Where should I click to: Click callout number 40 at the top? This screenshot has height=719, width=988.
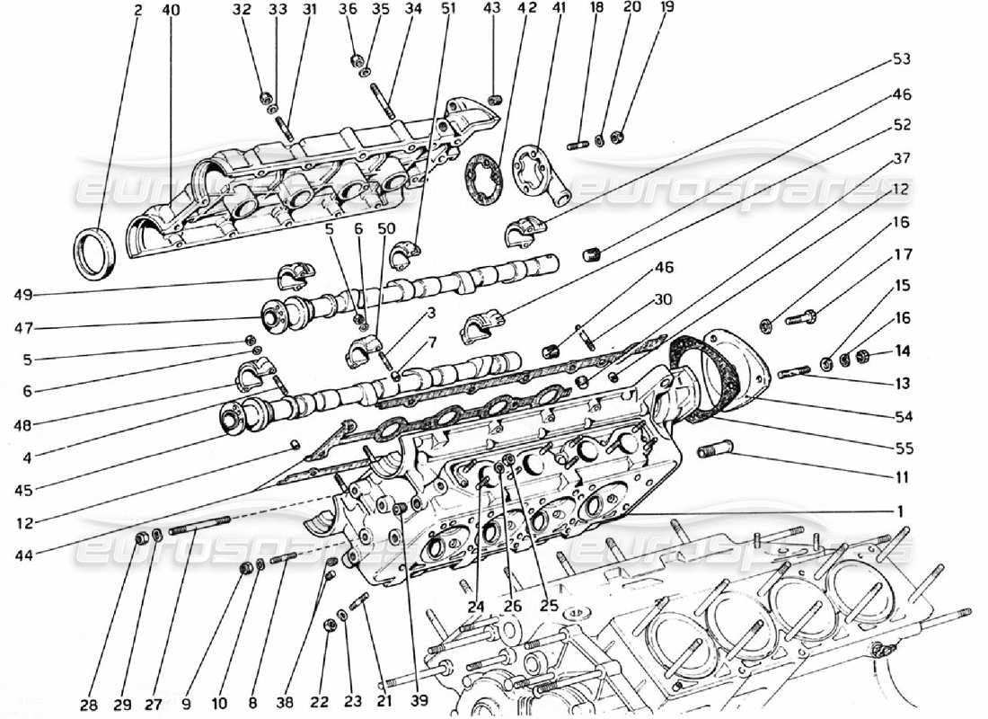click(x=171, y=11)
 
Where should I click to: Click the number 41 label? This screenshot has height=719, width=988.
click(x=560, y=11)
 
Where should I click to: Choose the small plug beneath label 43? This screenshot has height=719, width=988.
click(x=493, y=98)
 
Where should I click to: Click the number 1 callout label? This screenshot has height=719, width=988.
click(x=898, y=510)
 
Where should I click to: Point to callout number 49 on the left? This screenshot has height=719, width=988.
click(x=24, y=294)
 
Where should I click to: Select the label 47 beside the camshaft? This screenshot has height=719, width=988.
click(x=24, y=329)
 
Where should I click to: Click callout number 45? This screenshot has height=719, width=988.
click(x=24, y=490)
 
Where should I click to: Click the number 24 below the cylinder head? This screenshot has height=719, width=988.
click(x=475, y=608)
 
